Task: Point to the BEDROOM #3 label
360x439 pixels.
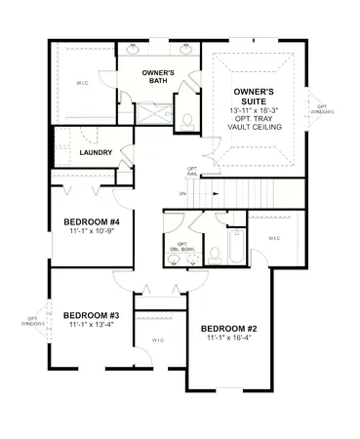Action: pyautogui.click(x=91, y=315)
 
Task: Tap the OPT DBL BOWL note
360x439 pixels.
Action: pyautogui.click(x=179, y=246)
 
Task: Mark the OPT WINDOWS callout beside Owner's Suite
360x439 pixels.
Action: pyautogui.click(x=322, y=108)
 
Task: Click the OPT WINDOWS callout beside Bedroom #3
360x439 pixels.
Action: pyautogui.click(x=33, y=322)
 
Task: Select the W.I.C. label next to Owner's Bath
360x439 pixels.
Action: pyautogui.click(x=82, y=83)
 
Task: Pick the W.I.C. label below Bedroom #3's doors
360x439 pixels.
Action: pyautogui.click(x=158, y=339)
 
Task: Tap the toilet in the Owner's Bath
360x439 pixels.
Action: pyautogui.click(x=186, y=121)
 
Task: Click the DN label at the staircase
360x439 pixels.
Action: pyautogui.click(x=182, y=193)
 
